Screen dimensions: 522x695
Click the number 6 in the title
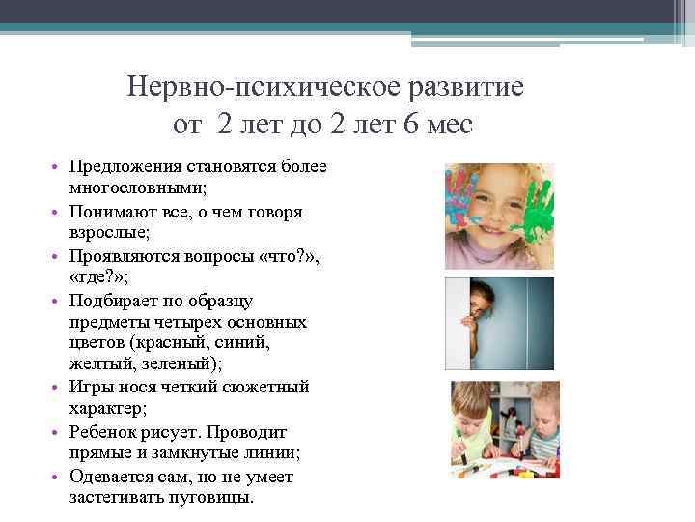399,126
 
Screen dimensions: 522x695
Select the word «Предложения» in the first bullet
122,167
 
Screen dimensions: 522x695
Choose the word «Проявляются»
120,256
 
